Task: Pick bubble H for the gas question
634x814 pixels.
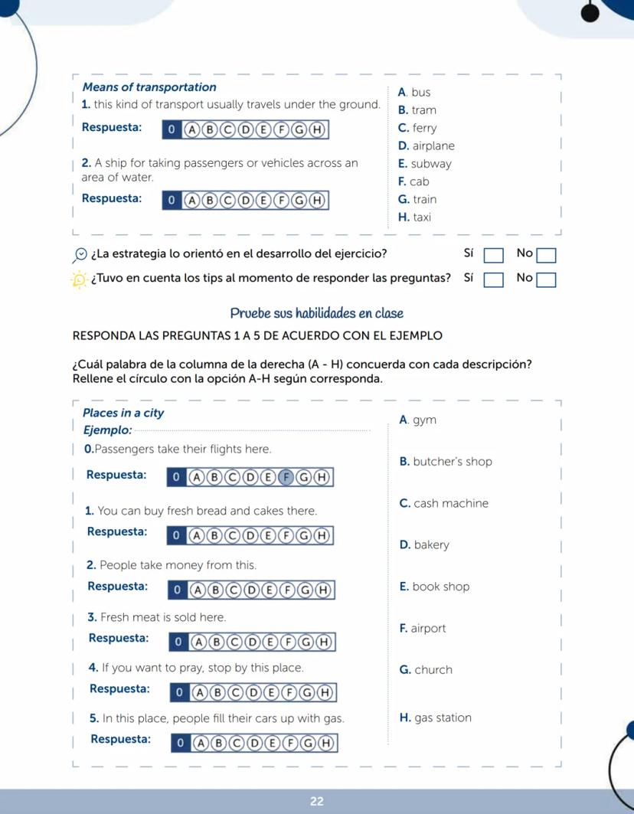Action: pos(325,743)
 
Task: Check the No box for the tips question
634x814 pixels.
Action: pos(546,280)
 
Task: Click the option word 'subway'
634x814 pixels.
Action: pos(431,164)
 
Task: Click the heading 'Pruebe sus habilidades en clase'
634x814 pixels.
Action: pos(316,313)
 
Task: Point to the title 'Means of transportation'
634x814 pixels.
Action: pos(149,87)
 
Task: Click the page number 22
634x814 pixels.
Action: pos(317,802)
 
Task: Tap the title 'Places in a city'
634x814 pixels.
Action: pos(123,413)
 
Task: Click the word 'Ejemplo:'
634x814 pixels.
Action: pos(107,431)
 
